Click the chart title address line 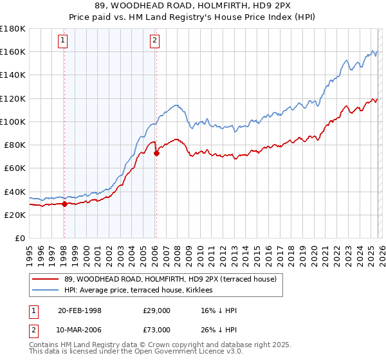coord(193,6)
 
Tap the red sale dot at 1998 coord(64,204)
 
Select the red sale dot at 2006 coord(156,152)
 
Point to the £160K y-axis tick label coord(13,51)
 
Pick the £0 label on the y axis coord(19,239)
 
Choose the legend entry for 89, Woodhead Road coord(170,279)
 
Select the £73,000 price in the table coord(157,330)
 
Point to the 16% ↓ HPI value coord(219,310)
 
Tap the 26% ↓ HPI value coord(219,330)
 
